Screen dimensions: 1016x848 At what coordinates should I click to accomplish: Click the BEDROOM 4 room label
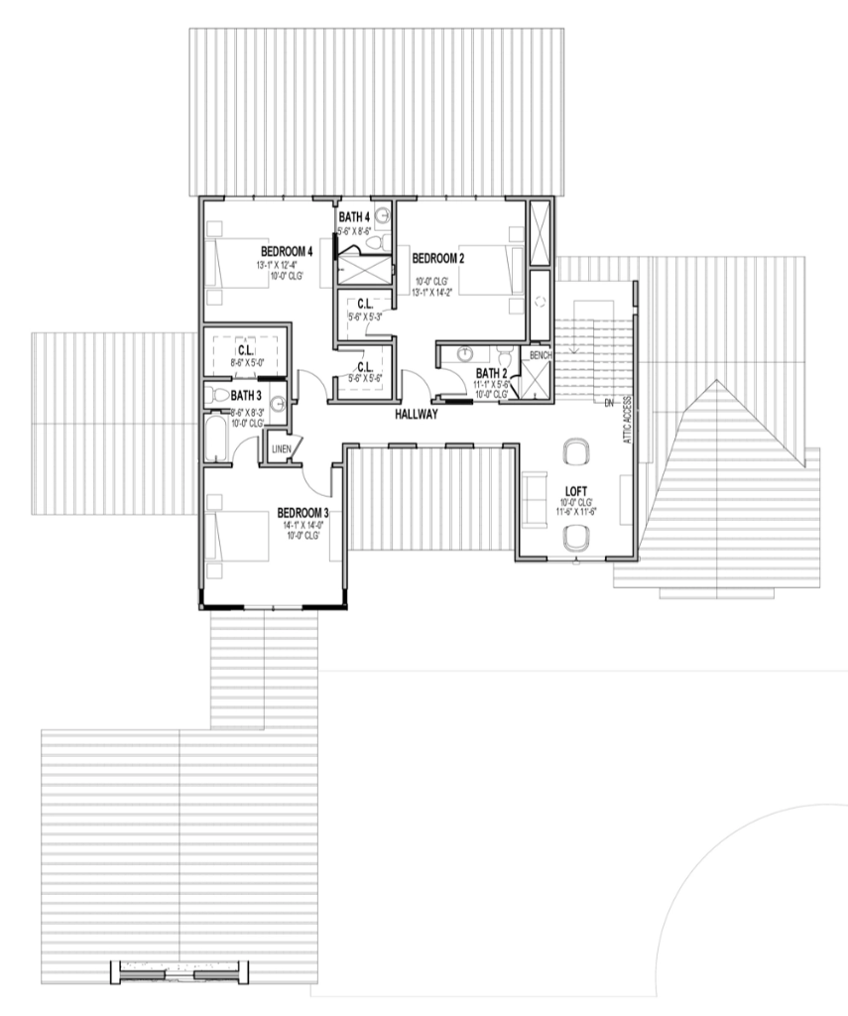pos(288,251)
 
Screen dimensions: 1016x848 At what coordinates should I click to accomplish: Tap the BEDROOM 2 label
pos(438,259)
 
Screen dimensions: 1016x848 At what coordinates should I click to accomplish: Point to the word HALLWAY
pos(417,414)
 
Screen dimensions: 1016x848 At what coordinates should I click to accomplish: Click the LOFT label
pos(576,490)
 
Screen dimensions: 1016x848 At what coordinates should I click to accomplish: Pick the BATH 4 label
pos(354,217)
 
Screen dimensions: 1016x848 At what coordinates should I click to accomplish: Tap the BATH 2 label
pos(492,372)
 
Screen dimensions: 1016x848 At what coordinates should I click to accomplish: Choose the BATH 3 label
pos(246,395)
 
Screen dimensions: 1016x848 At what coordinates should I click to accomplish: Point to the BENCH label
pos(541,355)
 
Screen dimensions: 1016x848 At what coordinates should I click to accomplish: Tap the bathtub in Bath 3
pos(216,438)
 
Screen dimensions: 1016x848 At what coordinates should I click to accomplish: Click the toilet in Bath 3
pos(219,395)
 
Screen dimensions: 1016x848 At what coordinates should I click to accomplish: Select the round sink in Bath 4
pos(381,213)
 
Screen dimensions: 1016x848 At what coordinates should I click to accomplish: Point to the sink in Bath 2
pos(464,352)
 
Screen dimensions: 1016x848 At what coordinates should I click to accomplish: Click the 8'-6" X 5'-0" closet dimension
pos(246,364)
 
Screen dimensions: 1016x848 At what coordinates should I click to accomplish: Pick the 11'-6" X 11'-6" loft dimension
pos(576,513)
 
